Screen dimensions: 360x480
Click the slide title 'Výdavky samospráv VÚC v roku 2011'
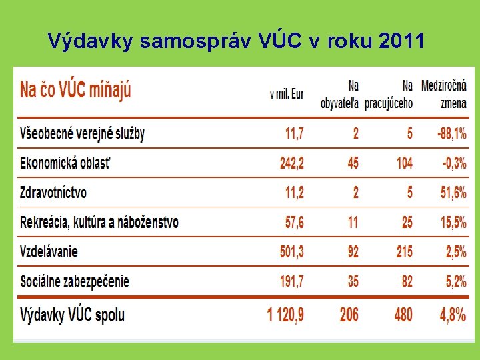coord(236,42)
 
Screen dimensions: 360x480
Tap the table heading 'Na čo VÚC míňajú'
coord(75,89)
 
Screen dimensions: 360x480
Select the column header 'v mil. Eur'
coord(287,94)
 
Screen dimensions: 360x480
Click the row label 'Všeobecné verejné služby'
coord(83,133)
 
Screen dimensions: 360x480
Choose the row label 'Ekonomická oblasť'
coord(65,163)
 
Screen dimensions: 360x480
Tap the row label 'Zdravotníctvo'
coord(53,193)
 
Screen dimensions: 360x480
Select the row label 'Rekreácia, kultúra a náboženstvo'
coord(99,222)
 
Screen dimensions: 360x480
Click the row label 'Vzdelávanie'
coord(49,252)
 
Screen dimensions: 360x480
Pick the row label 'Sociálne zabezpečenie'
coord(75,281)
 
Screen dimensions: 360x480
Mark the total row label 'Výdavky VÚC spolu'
coord(73,314)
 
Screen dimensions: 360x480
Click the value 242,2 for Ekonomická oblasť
coord(291,163)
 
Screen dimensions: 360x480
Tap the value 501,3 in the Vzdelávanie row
coord(291,252)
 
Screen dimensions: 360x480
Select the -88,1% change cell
coord(451,133)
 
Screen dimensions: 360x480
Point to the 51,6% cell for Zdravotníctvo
coord(453,193)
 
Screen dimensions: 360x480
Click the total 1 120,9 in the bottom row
coord(285,314)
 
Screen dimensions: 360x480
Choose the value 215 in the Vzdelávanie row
coord(404,252)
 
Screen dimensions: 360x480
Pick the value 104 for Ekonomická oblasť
coord(404,163)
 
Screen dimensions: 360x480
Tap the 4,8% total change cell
coord(453,314)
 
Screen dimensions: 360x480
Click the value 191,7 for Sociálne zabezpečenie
coord(291,281)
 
